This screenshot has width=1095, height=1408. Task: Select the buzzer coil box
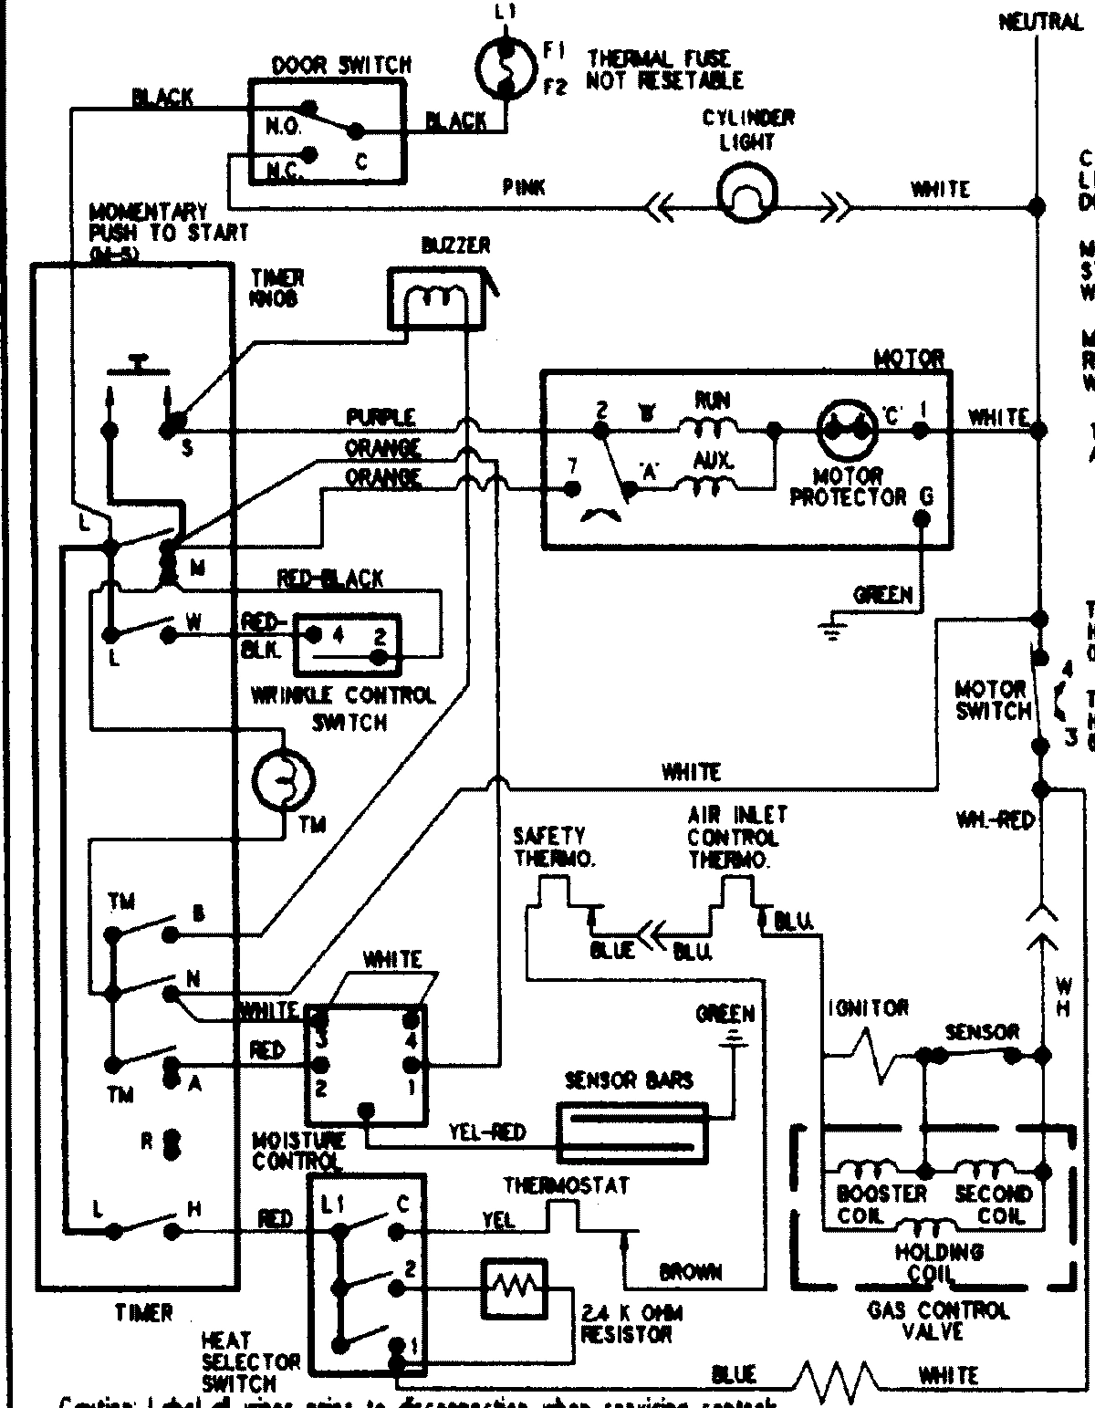coord(436,297)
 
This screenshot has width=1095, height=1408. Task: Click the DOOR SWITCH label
coord(341,65)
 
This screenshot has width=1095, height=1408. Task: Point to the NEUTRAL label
coord(1040,21)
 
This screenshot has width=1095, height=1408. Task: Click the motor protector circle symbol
coord(847,424)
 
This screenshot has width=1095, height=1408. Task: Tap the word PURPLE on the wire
coord(381,417)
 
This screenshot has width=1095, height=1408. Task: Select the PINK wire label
coord(524,188)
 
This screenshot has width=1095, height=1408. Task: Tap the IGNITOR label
coord(869,1007)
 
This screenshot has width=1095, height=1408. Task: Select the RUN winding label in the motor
coord(711,400)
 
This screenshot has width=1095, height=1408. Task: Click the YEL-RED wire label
coord(487,1132)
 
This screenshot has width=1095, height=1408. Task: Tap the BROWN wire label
coord(689,1271)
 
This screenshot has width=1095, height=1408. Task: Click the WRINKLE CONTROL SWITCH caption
coord(343,708)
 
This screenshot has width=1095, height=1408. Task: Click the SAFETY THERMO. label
coord(550,846)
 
